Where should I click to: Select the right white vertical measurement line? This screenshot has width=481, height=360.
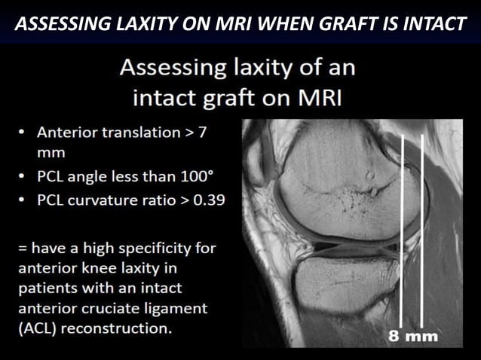422,226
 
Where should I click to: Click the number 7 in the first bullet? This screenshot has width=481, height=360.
201,132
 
